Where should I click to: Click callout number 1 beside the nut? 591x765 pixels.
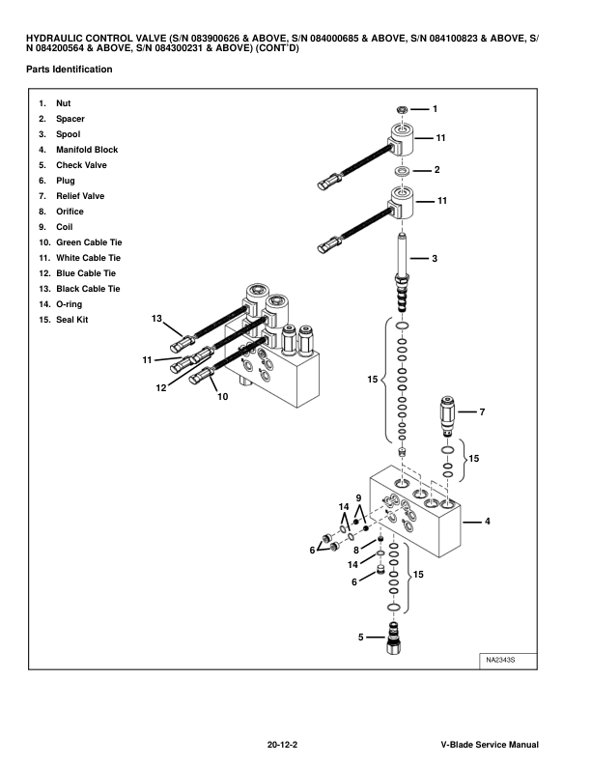tap(435, 109)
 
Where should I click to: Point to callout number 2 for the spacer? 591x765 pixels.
tap(436, 170)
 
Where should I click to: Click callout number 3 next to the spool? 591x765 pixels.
tap(435, 259)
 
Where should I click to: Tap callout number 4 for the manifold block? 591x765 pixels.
tap(487, 522)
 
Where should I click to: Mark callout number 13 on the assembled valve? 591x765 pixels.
tap(156, 318)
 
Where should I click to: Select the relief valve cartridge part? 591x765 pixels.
tap(447, 412)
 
